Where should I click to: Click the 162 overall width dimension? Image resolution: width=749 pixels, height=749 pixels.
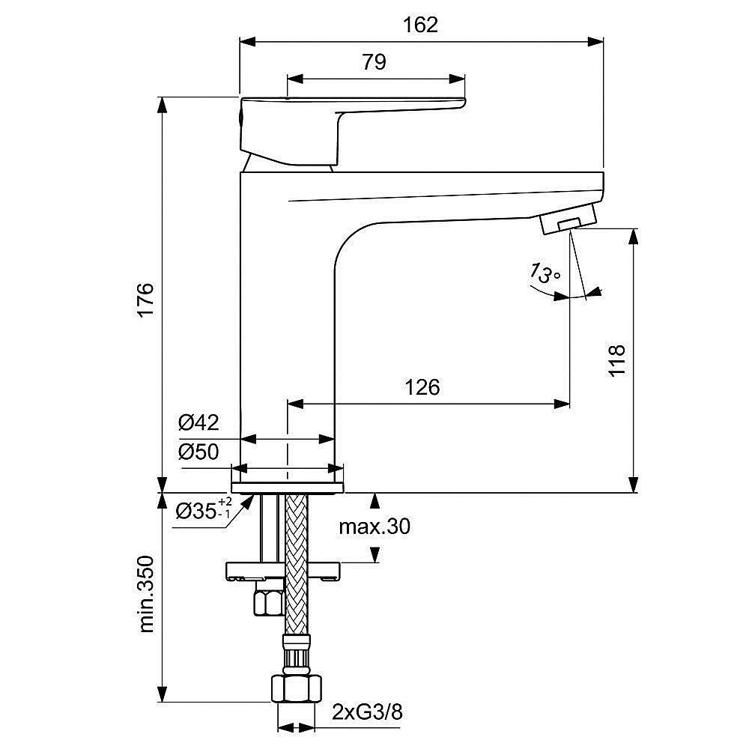click(420, 25)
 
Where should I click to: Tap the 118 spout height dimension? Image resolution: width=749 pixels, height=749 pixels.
click(616, 362)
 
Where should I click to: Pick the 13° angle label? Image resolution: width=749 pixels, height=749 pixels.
click(545, 273)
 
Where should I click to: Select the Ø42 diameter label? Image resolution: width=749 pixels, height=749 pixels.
click(198, 423)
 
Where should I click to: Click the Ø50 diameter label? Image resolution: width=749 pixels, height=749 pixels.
click(198, 452)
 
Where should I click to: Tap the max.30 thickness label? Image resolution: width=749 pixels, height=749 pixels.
click(374, 527)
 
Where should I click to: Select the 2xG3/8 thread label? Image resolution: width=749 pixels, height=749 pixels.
click(368, 712)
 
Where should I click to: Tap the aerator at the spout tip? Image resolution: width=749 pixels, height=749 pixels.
click(568, 221)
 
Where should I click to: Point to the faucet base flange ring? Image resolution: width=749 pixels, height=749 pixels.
click(288, 488)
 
